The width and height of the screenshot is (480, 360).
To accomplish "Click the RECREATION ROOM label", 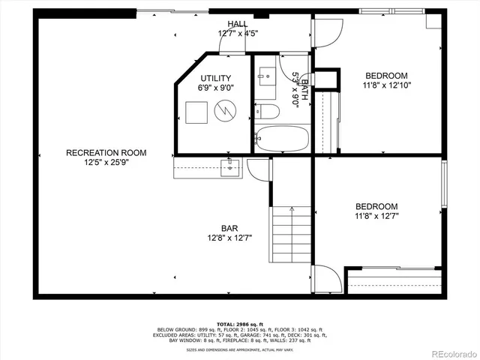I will (106, 152).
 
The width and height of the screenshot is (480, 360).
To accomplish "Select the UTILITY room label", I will (215, 78).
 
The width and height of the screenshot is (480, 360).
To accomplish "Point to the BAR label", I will (229, 228).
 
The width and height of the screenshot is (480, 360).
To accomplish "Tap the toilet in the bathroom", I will (267, 112).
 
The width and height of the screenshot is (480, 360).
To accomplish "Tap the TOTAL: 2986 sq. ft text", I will (241, 323).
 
